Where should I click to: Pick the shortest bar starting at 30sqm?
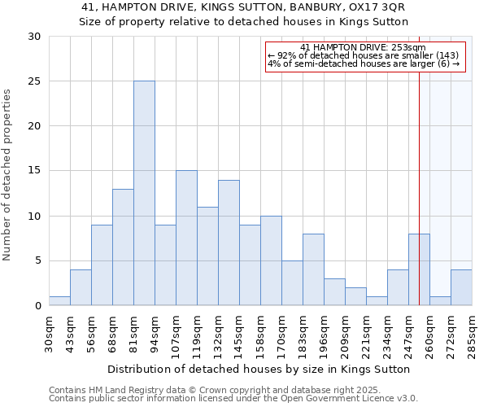(59, 301)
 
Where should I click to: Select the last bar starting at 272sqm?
(461, 288)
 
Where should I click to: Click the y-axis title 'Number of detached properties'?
(8, 175)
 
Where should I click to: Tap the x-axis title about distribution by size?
(259, 369)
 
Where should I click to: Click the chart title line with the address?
(243, 7)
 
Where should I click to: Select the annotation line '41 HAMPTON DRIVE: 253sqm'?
(363, 47)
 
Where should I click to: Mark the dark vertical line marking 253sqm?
(419, 163)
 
